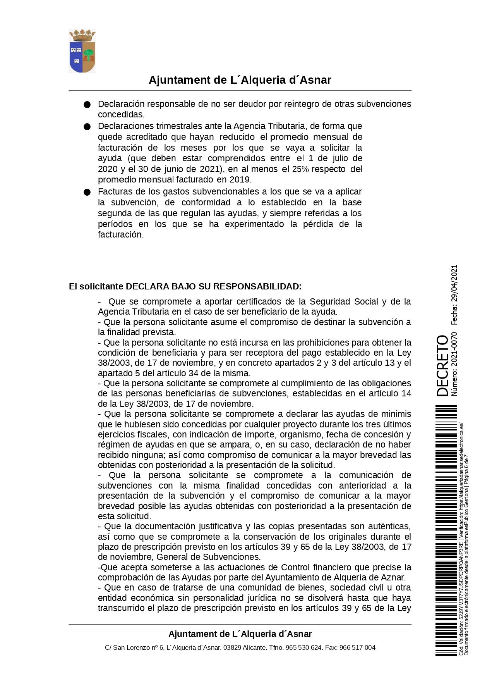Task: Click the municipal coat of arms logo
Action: click(82, 51)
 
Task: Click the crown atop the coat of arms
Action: click(82, 35)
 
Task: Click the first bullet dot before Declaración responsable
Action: click(87, 105)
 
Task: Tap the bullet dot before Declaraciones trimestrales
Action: click(87, 127)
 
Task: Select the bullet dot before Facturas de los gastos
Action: click(87, 192)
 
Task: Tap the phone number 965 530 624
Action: click(304, 647)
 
